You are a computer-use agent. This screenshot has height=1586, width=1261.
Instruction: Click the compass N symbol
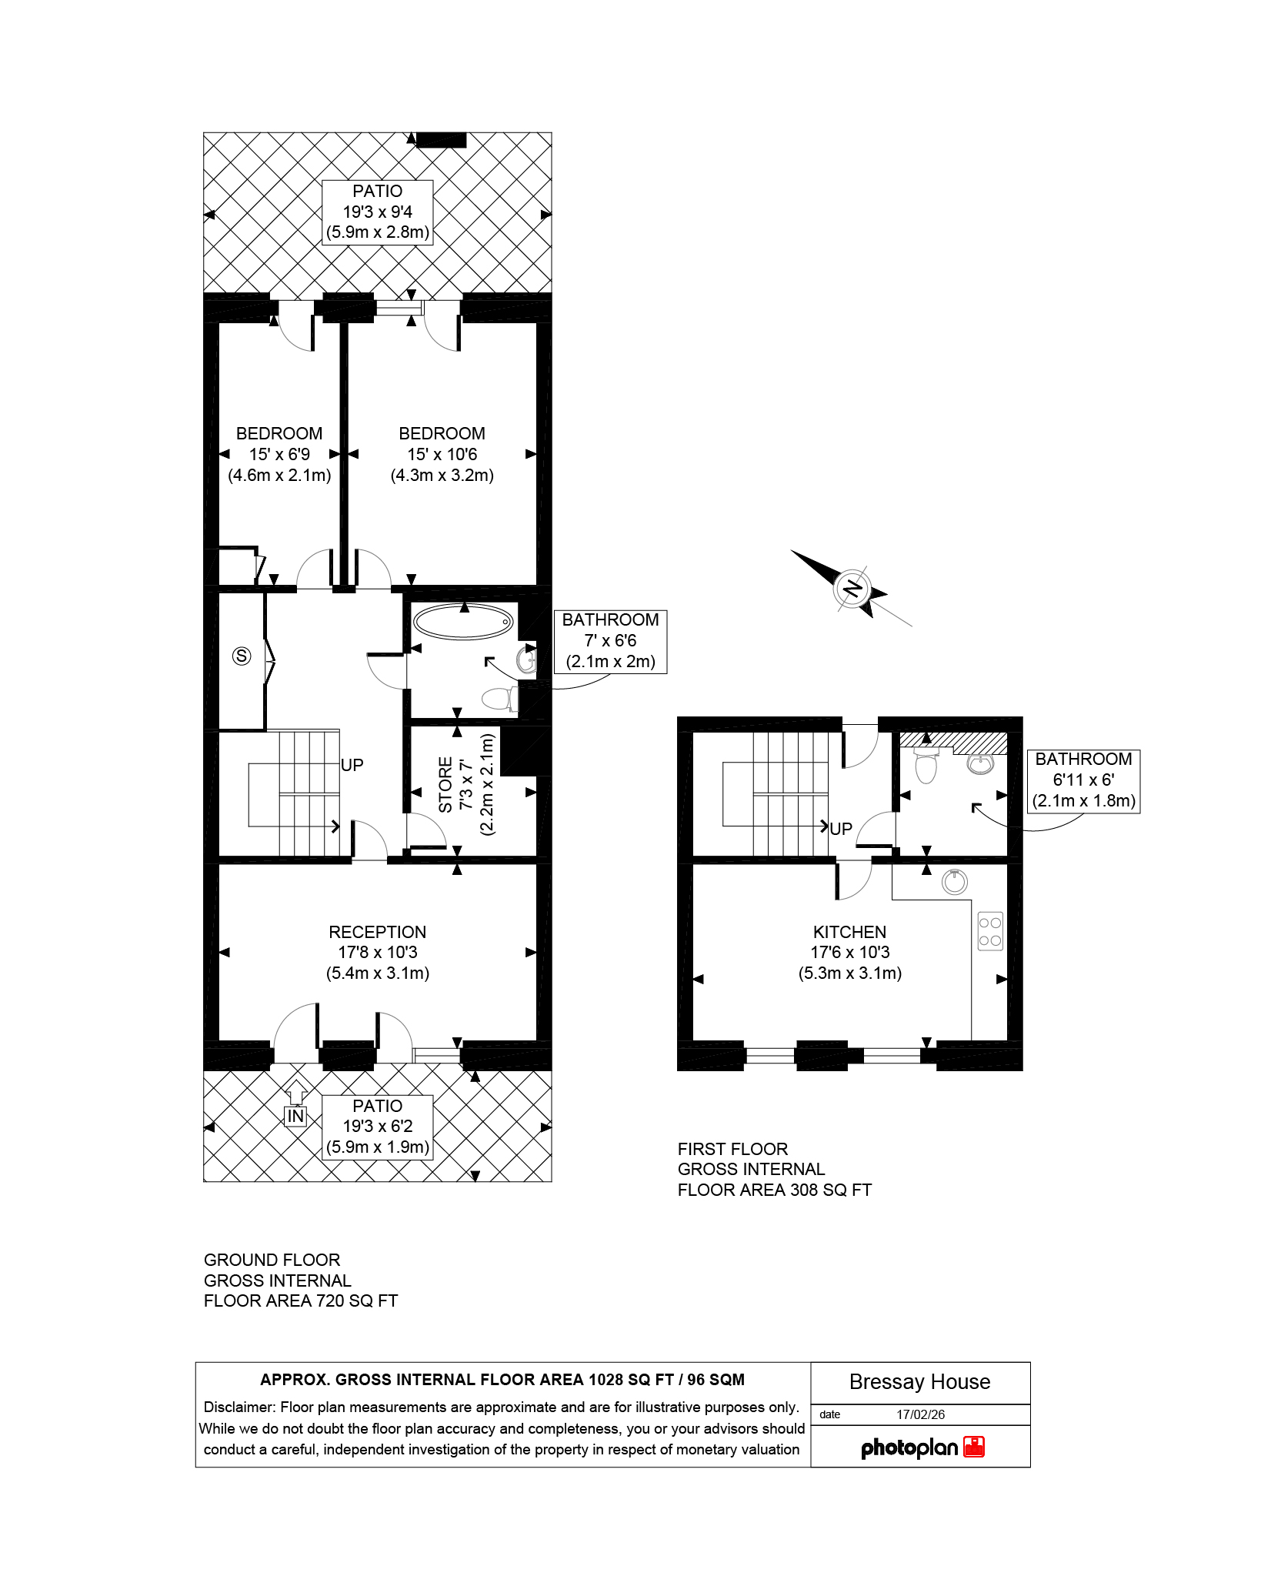852,589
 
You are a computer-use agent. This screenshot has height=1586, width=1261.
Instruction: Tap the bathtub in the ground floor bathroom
463,621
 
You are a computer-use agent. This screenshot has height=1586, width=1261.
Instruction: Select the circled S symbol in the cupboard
242,656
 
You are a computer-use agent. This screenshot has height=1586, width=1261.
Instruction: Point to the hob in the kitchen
990,930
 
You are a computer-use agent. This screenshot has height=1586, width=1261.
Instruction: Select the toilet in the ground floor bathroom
499,699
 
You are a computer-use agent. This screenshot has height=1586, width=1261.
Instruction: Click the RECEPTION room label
377,932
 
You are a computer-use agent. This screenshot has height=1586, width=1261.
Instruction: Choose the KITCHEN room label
849,932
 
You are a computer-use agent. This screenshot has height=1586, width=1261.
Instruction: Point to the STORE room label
445,785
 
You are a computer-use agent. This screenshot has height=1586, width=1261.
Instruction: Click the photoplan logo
922,1447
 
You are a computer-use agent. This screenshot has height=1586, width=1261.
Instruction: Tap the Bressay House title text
919,1382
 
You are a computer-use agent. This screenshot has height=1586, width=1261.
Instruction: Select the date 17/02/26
921,1414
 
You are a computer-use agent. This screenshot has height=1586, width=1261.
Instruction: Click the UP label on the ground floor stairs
352,765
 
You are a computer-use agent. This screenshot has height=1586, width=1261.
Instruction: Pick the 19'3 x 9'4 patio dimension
377,212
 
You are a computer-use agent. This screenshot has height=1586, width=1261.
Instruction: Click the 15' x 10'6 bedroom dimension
442,454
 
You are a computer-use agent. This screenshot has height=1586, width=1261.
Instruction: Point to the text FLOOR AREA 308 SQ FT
774,1190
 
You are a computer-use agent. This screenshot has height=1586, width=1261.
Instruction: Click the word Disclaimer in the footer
239,1407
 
